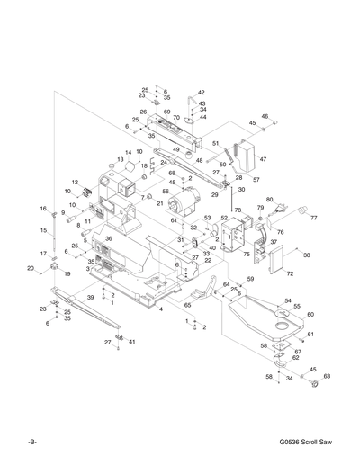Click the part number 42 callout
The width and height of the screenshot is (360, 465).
[202, 93]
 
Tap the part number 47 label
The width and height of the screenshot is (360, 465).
[264, 159]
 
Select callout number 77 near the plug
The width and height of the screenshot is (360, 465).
[314, 218]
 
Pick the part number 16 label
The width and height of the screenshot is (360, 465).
[42, 209]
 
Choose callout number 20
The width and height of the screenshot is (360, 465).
[30, 268]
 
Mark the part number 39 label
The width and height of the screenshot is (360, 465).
[90, 296]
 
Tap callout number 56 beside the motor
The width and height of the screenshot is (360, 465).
[166, 191]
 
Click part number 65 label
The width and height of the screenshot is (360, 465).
[187, 305]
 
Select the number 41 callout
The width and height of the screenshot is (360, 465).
[131, 342]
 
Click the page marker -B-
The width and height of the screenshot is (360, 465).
[31, 444]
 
